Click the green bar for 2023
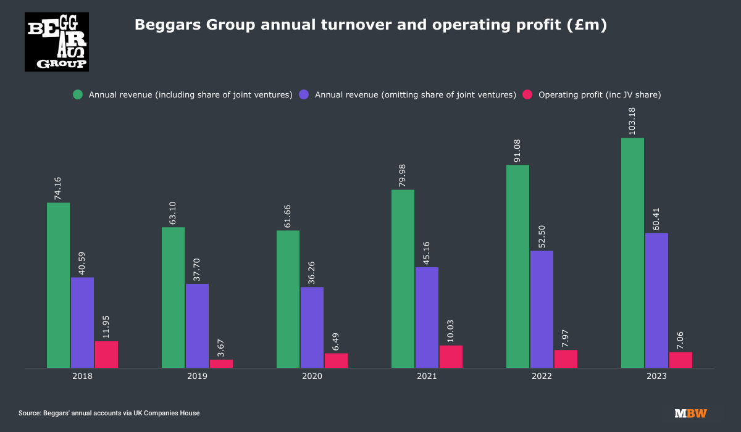[632, 253]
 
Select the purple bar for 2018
[82, 323]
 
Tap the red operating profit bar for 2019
[221, 363]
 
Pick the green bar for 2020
[288, 299]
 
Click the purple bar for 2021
[427, 317]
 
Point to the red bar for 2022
[566, 359]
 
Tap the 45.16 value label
[427, 251]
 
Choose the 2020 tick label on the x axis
[312, 376]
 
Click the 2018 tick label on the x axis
[82, 376]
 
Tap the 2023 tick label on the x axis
[656, 376]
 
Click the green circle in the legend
[78, 95]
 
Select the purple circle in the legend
[304, 95]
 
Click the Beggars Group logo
[57, 42]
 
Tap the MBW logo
[690, 413]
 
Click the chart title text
[371, 25]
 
